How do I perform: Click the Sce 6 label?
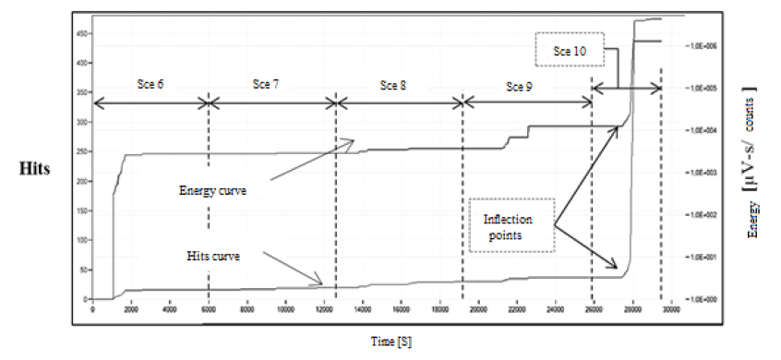(150, 84)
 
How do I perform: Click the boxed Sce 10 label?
(568, 49)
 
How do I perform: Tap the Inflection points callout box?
(510, 224)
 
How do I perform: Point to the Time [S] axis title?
(390, 342)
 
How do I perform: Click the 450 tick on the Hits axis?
(82, 33)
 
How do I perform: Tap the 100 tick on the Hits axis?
(82, 240)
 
